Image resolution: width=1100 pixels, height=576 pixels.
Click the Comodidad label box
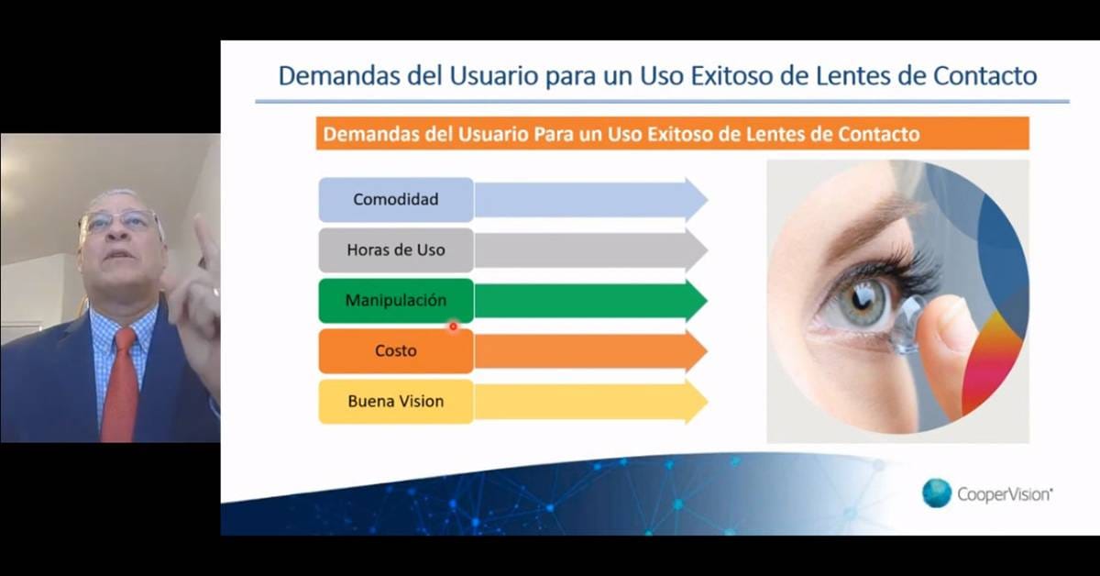396,200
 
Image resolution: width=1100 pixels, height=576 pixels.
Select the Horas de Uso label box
396,250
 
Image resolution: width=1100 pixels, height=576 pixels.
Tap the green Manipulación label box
396,301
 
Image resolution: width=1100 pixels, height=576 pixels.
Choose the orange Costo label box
396,351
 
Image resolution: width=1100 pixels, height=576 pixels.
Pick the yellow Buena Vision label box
396,402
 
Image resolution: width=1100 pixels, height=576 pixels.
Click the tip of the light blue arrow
708,200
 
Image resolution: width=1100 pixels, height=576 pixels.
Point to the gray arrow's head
697,250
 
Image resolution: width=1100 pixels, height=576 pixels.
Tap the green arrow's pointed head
697,301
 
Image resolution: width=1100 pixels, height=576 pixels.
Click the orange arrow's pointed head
697,351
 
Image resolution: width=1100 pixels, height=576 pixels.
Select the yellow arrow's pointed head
697,402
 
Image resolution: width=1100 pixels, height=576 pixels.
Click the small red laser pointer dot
453,327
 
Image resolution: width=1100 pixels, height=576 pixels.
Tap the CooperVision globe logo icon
937,493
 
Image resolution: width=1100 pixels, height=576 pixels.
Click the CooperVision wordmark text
1005,494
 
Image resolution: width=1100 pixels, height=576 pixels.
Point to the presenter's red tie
120,385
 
